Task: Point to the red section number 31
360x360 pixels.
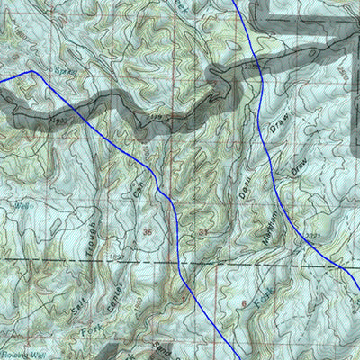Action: click(x=203, y=233)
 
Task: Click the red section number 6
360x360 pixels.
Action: click(x=243, y=306)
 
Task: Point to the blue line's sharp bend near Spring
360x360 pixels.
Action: click(x=32, y=71)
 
